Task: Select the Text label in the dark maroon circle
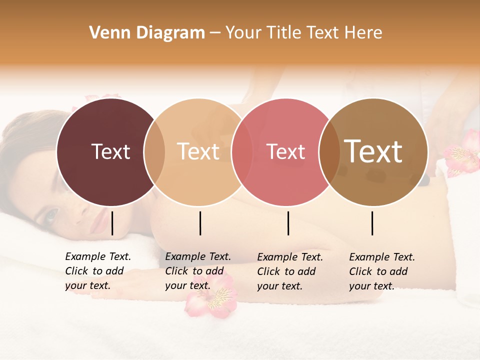click(x=110, y=151)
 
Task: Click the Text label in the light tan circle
click(x=198, y=151)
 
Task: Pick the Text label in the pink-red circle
click(x=286, y=151)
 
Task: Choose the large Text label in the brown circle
click(x=373, y=151)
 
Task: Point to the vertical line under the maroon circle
click(x=112, y=223)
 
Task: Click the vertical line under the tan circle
click(x=200, y=223)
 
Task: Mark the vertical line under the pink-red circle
click(x=288, y=223)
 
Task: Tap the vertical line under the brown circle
click(x=372, y=223)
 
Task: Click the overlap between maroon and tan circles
click(x=154, y=151)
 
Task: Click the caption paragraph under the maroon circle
click(x=98, y=271)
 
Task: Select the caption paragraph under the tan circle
click(x=198, y=271)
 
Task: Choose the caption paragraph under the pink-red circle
click(x=290, y=271)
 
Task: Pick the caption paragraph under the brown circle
click(x=382, y=271)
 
